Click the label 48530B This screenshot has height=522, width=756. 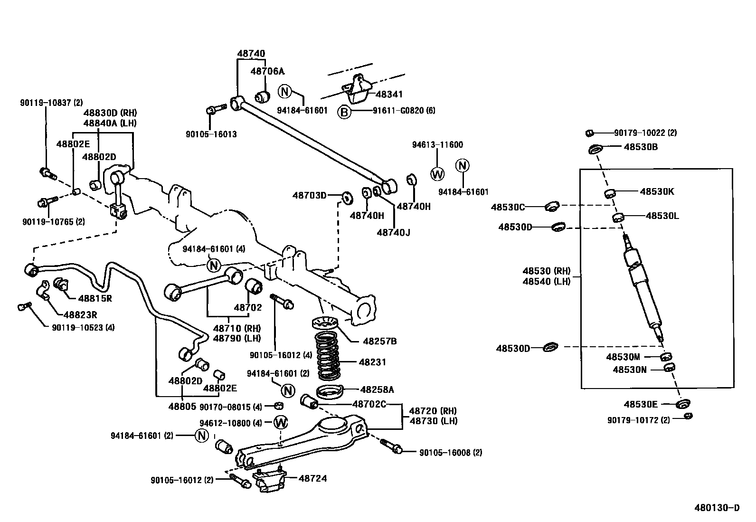coord(641,147)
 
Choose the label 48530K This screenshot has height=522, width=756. coord(657,191)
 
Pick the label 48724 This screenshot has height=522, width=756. coord(312,478)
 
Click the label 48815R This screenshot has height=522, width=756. coord(95,298)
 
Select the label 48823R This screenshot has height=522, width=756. coord(80,314)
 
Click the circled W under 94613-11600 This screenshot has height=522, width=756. coord(437,174)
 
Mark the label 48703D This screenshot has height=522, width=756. coord(310,195)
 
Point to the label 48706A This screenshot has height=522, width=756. coord(267,71)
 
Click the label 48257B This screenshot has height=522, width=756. coord(380,341)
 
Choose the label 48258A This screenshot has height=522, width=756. coord(377,389)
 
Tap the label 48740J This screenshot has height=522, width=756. coord(394,232)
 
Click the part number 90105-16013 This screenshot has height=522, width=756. coord(211,134)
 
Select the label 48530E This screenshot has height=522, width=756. coord(641,404)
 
